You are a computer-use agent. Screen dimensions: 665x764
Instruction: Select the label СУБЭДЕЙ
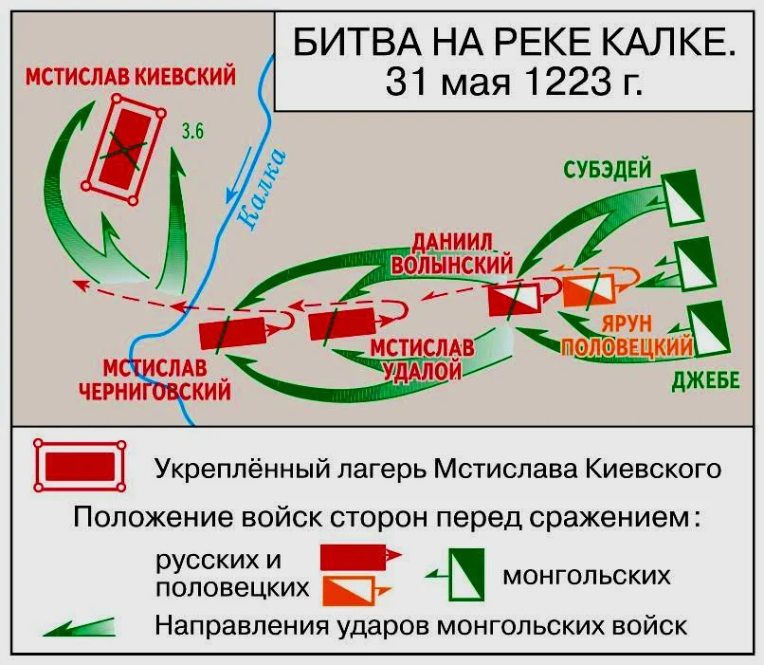tap(607, 170)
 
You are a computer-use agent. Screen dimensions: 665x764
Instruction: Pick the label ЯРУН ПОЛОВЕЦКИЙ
tap(627, 335)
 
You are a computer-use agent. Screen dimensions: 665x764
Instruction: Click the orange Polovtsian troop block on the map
tap(590, 287)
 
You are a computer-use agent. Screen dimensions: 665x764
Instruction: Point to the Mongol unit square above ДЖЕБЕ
tap(702, 325)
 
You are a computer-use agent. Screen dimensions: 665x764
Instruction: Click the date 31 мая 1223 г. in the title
tap(514, 80)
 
